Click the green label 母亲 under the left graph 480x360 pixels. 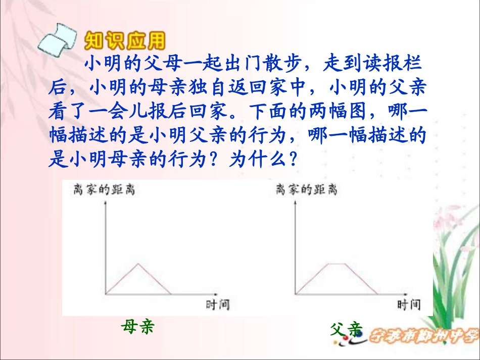tap(137, 327)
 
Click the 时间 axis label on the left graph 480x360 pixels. tap(218, 304)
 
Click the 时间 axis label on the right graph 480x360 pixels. tap(409, 304)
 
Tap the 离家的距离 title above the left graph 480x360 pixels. tap(104, 190)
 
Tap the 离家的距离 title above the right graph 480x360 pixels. tap(306, 190)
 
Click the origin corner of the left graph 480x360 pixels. tap(105, 294)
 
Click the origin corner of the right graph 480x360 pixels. tap(296, 294)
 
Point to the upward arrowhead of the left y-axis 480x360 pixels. tap(105, 203)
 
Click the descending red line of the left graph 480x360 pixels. tap(155, 279)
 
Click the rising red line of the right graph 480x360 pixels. tap(312, 278)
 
